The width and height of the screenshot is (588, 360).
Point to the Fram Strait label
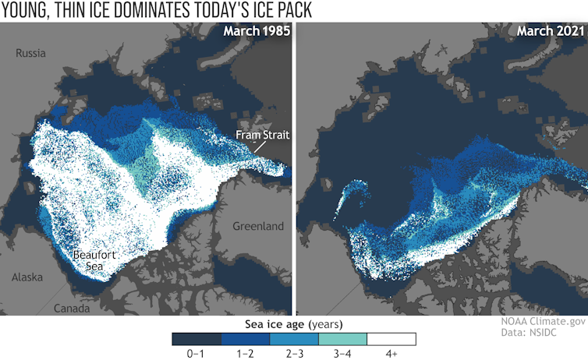pos(264,136)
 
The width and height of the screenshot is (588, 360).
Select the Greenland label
pos(257,227)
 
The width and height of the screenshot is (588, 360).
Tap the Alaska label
pos(28,277)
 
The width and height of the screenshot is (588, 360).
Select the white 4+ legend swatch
pos(391,338)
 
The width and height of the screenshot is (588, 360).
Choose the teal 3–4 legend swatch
pos(342,338)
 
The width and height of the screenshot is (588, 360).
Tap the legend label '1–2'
pos(244,353)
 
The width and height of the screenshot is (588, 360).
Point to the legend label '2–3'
pos(293,353)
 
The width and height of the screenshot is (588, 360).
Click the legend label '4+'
pos(391,353)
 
